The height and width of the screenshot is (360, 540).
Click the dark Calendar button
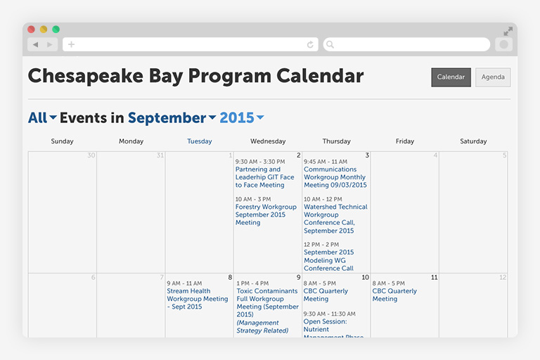point(451,77)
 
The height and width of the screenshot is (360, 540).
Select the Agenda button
point(493,77)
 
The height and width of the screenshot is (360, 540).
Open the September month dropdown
point(172,118)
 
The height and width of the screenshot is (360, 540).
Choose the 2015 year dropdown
point(241,118)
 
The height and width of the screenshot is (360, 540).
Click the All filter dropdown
point(42,118)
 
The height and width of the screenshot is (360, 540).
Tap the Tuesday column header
point(200,141)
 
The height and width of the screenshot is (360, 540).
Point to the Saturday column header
point(473,141)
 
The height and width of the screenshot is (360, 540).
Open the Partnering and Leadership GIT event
point(265,177)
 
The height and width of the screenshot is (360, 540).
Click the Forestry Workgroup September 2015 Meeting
point(266,214)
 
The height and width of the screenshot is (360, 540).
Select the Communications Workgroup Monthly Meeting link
point(335,177)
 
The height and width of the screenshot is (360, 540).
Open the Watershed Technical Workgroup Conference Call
point(335,219)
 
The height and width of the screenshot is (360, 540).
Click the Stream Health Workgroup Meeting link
point(197,299)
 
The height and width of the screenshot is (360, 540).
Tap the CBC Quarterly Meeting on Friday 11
point(394,295)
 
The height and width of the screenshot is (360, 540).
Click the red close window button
point(32,30)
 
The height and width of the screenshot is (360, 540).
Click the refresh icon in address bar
point(310,44)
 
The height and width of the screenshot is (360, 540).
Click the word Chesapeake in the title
point(78,76)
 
